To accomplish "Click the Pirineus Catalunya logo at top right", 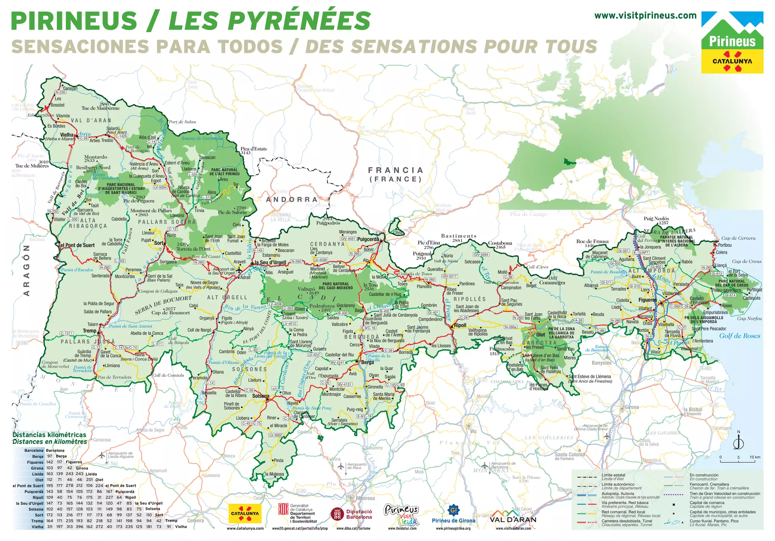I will pos(732,42).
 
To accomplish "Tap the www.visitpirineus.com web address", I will pos(645,16).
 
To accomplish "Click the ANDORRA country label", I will pos(291,200).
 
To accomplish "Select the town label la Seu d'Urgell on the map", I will pos(270,262).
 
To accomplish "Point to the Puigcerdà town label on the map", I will pos(368,239).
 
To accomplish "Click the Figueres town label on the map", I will pos(647,300).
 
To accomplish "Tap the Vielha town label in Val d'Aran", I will pos(67,135).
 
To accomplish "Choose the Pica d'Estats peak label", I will pos(254,149).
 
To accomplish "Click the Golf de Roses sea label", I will pos(739,336).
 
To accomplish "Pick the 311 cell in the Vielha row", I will pos(50,527).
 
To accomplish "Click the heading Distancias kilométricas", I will pos(49,435).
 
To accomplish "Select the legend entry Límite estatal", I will pos(613,475).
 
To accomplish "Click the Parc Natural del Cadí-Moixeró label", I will pos(336,285).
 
